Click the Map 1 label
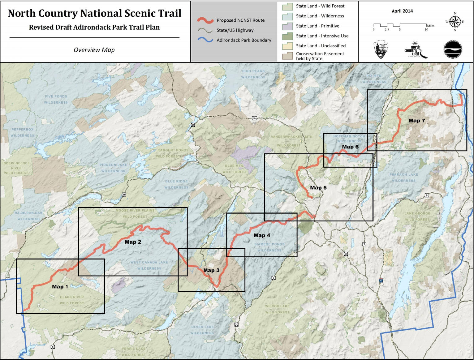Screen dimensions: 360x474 coord(60,287)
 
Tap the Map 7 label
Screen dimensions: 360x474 coord(416,121)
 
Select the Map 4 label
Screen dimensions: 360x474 coord(262,235)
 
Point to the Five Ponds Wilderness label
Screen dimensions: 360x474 coord(56,99)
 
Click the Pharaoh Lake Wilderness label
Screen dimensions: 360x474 coord(403,178)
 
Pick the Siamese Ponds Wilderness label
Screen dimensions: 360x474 coord(269,247)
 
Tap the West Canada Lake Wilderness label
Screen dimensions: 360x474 coord(149,265)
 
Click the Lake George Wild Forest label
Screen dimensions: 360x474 coord(417,216)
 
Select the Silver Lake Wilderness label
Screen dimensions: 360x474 coord(202,330)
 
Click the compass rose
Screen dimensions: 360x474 coord(455,22)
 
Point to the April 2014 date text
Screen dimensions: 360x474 coord(402,11)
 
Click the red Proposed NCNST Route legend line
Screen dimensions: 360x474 coord(205,20)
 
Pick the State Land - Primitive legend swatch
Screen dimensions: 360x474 coord(287,26)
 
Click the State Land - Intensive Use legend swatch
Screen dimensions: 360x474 coord(287,36)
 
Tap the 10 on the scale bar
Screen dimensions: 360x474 coord(426,30)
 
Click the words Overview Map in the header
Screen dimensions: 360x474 coord(94,50)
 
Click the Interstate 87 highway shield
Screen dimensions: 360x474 coord(381,281)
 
